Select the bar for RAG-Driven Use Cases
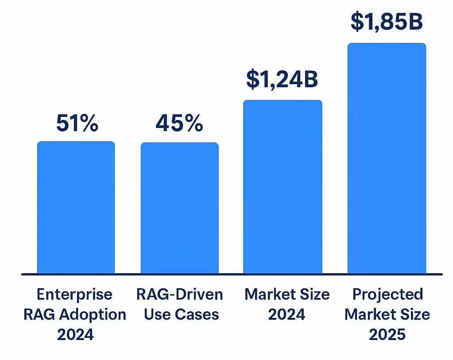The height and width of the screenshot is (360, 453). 179,208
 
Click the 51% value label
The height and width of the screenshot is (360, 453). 77,124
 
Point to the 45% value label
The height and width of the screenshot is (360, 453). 179,124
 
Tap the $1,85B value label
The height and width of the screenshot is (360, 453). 387,22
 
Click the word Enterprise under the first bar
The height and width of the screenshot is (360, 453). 74,294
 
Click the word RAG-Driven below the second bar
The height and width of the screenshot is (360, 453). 179,294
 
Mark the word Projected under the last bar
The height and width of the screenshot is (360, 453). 387,294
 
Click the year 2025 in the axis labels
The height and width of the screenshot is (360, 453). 387,335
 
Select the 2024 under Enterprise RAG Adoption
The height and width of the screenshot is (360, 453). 75,335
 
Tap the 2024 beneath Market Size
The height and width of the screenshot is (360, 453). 287,315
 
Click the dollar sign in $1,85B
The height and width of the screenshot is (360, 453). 356,22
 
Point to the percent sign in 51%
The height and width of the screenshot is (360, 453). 89,124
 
